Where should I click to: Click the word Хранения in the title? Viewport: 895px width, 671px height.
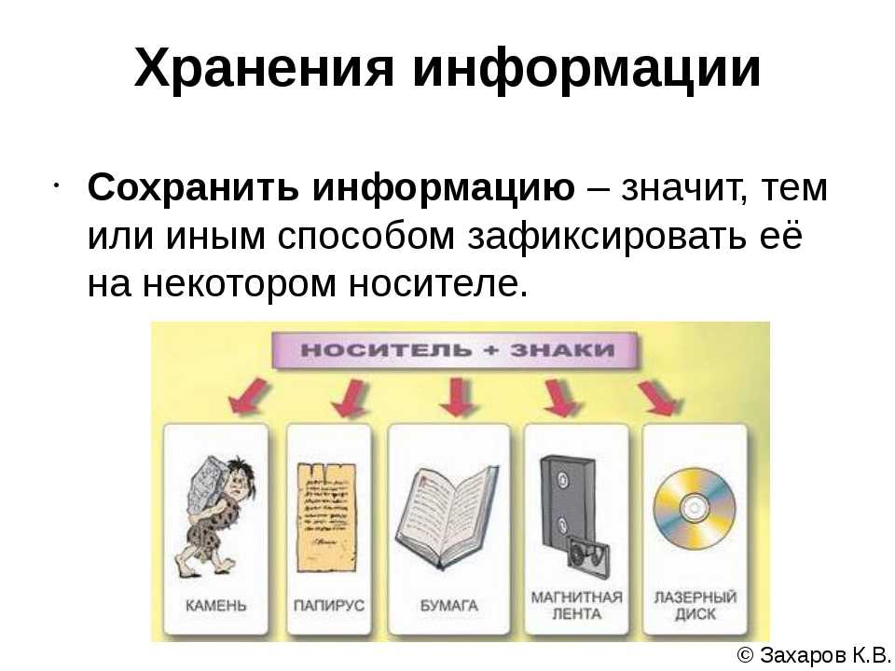click(264, 67)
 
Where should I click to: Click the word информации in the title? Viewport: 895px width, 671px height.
click(586, 68)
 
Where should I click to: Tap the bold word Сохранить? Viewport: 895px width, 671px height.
click(193, 188)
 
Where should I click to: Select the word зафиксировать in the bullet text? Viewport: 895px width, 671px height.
click(607, 236)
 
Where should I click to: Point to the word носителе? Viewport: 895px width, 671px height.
click(438, 283)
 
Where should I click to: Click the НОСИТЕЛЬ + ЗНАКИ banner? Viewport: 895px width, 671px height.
click(457, 349)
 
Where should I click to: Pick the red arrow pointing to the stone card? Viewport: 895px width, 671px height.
click(249, 395)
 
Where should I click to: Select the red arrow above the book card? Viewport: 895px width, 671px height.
click(458, 397)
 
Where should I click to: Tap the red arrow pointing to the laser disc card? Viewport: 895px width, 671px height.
click(660, 398)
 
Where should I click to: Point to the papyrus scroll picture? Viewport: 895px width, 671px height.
click(326, 517)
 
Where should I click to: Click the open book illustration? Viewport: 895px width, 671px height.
click(447, 516)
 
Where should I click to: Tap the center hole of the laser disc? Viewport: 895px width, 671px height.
click(695, 508)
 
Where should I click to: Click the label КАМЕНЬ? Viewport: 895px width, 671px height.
click(215, 606)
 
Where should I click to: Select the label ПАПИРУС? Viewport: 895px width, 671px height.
click(328, 606)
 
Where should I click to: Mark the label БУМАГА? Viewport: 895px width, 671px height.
click(448, 606)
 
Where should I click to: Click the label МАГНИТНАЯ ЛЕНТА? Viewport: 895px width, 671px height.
click(576, 606)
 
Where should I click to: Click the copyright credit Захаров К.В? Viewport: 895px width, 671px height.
click(815, 655)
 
